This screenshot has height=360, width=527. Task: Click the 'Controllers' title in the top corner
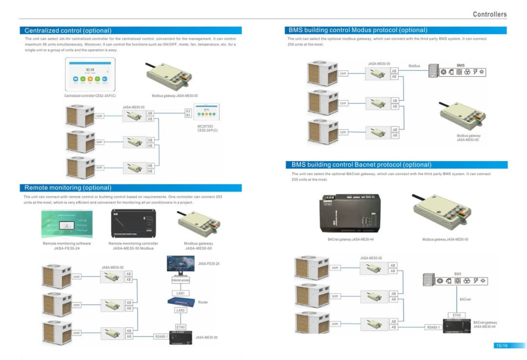(490, 14)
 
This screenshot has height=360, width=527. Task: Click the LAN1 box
(180, 293)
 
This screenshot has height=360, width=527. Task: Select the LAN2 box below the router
(180, 310)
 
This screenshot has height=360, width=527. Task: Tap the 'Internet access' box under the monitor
(180, 280)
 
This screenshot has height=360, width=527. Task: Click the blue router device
(180, 301)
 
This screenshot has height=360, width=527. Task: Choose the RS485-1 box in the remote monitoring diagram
(161, 337)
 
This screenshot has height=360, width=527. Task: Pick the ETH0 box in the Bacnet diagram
(457, 315)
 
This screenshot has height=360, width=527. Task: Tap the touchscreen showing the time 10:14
(90, 74)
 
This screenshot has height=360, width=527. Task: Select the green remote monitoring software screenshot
(67, 222)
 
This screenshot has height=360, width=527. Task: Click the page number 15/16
(501, 345)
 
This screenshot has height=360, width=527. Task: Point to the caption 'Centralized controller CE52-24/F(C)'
(90, 95)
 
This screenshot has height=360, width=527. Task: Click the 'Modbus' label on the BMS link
(414, 66)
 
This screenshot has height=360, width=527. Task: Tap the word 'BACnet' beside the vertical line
(466, 299)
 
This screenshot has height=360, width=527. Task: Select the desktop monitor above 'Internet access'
(180, 265)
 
